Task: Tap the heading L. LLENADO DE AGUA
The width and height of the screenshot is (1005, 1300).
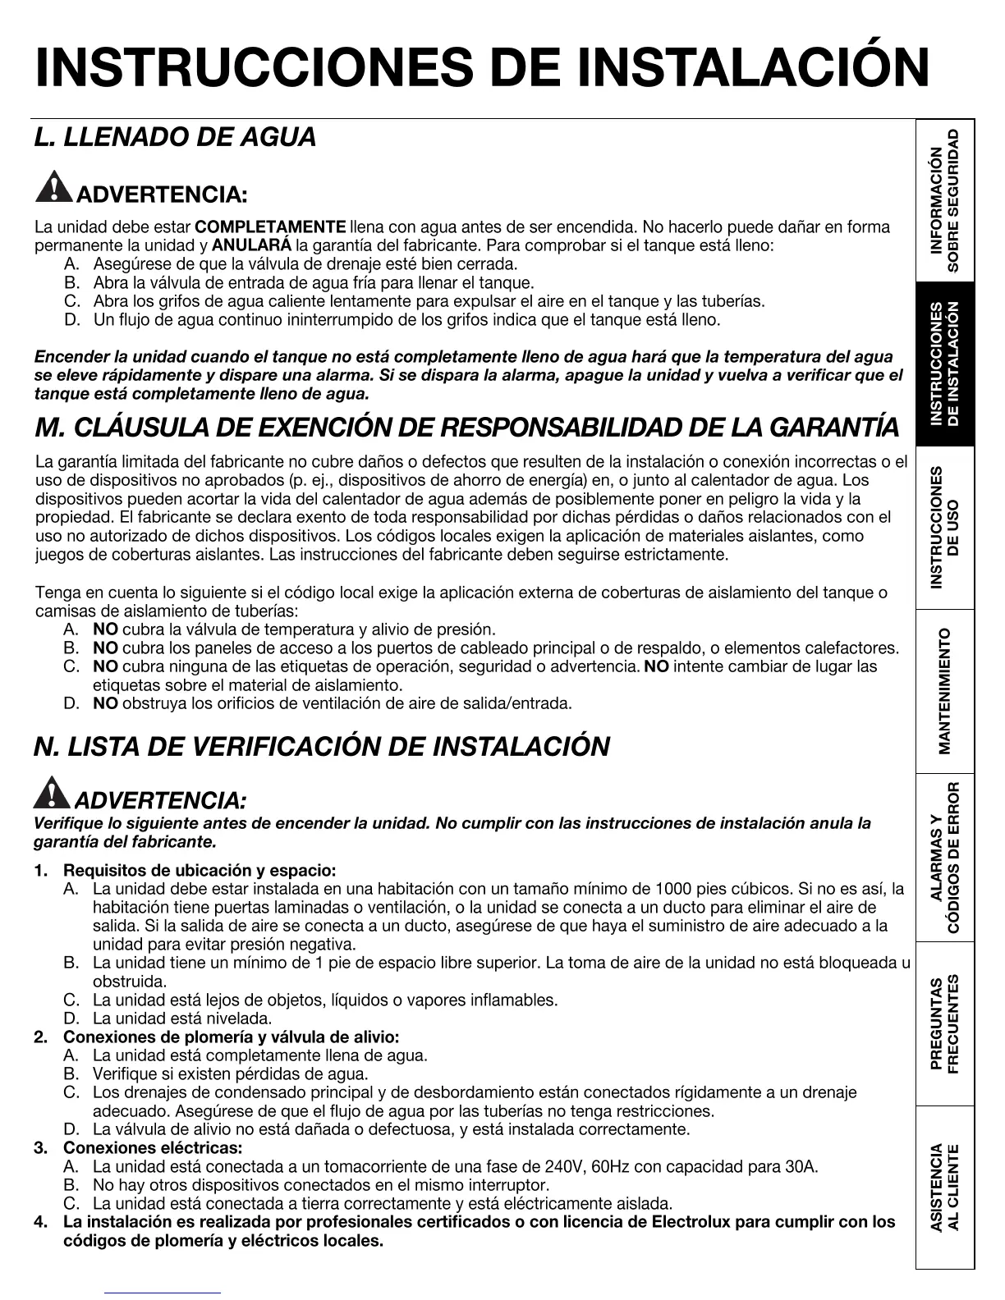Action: pyautogui.click(x=175, y=137)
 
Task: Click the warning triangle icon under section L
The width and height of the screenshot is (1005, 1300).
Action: pyautogui.click(x=53, y=188)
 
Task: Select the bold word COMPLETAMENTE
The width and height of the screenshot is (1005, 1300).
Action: pyautogui.click(x=271, y=227)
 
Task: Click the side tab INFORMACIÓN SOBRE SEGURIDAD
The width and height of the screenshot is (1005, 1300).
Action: pyautogui.click(x=945, y=199)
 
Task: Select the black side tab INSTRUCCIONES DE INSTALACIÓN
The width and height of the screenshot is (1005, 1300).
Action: pyautogui.click(x=945, y=364)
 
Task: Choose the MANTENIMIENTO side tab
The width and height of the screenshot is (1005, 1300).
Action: pyautogui.click(x=945, y=691)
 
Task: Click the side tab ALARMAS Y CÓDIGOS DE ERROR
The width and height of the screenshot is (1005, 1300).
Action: pyautogui.click(x=945, y=858)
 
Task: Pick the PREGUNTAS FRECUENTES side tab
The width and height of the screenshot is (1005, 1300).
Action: pyautogui.click(x=945, y=1023)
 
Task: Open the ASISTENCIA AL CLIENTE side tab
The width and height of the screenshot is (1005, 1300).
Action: pyautogui.click(x=945, y=1187)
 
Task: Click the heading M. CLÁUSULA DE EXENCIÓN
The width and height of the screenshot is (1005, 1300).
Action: pyautogui.click(x=466, y=428)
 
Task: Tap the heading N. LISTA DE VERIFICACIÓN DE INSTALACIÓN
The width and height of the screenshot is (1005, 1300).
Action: pyautogui.click(x=321, y=747)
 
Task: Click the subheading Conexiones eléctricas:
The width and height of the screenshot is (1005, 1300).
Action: pyautogui.click(x=153, y=1147)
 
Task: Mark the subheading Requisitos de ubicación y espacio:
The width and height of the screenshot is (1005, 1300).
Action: pyautogui.click(x=200, y=871)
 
